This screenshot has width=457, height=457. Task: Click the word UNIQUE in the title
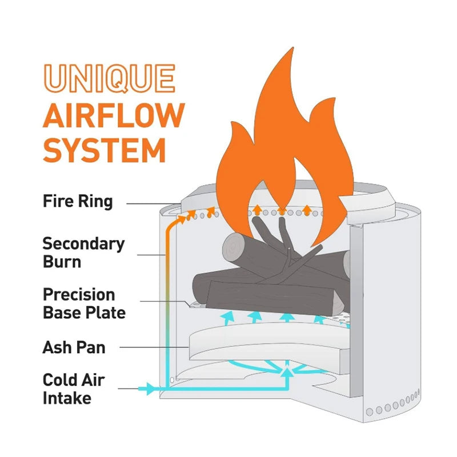tap(109, 79)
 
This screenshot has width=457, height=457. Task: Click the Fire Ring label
tap(78, 202)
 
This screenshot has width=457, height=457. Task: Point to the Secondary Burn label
tap(83, 252)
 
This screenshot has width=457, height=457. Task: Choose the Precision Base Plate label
tap(84, 304)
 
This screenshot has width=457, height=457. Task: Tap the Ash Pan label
tap(74, 347)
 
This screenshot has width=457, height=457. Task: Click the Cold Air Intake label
tap(74, 389)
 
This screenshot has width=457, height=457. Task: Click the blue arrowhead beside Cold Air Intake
tap(149, 389)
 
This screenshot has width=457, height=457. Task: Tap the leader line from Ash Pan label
tap(154, 347)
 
